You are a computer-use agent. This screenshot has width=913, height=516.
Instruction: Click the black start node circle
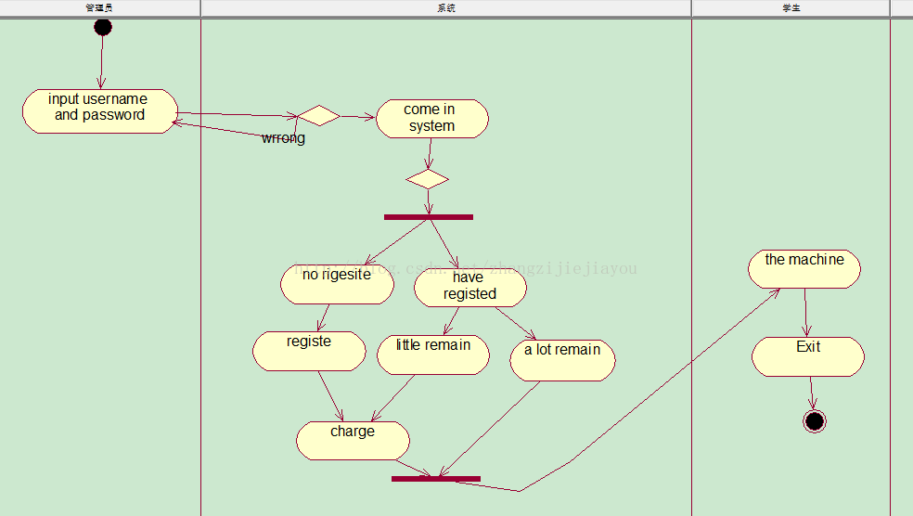click(x=103, y=27)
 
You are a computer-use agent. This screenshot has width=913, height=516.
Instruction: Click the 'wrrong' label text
click(x=283, y=138)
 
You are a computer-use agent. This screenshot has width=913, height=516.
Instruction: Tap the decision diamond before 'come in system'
click(x=318, y=116)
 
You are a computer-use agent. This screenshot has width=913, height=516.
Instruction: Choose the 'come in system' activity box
click(x=431, y=119)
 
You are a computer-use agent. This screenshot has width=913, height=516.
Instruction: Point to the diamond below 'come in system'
click(x=428, y=178)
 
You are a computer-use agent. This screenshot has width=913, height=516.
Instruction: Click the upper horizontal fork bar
click(x=428, y=217)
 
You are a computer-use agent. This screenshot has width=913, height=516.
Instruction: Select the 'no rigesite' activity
click(x=337, y=284)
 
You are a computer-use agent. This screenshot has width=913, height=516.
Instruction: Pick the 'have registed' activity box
click(x=469, y=287)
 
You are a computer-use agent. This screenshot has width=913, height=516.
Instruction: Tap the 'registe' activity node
click(x=309, y=351)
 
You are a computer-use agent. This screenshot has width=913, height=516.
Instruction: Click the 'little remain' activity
click(x=433, y=355)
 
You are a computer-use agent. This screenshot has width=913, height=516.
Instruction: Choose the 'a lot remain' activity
click(x=562, y=360)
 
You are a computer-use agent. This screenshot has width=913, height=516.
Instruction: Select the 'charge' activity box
click(x=353, y=440)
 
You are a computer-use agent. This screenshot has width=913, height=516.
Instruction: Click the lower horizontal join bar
click(x=436, y=479)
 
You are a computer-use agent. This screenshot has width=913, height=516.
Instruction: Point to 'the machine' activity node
click(x=804, y=269)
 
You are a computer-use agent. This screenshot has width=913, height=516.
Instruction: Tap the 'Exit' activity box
click(x=808, y=356)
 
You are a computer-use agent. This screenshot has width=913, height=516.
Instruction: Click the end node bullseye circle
click(x=815, y=421)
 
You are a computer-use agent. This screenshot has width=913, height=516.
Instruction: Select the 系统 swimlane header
click(x=445, y=8)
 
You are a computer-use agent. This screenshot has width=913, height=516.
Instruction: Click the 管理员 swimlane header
click(x=99, y=8)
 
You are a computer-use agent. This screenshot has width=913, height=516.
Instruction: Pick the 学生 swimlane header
click(x=791, y=8)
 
